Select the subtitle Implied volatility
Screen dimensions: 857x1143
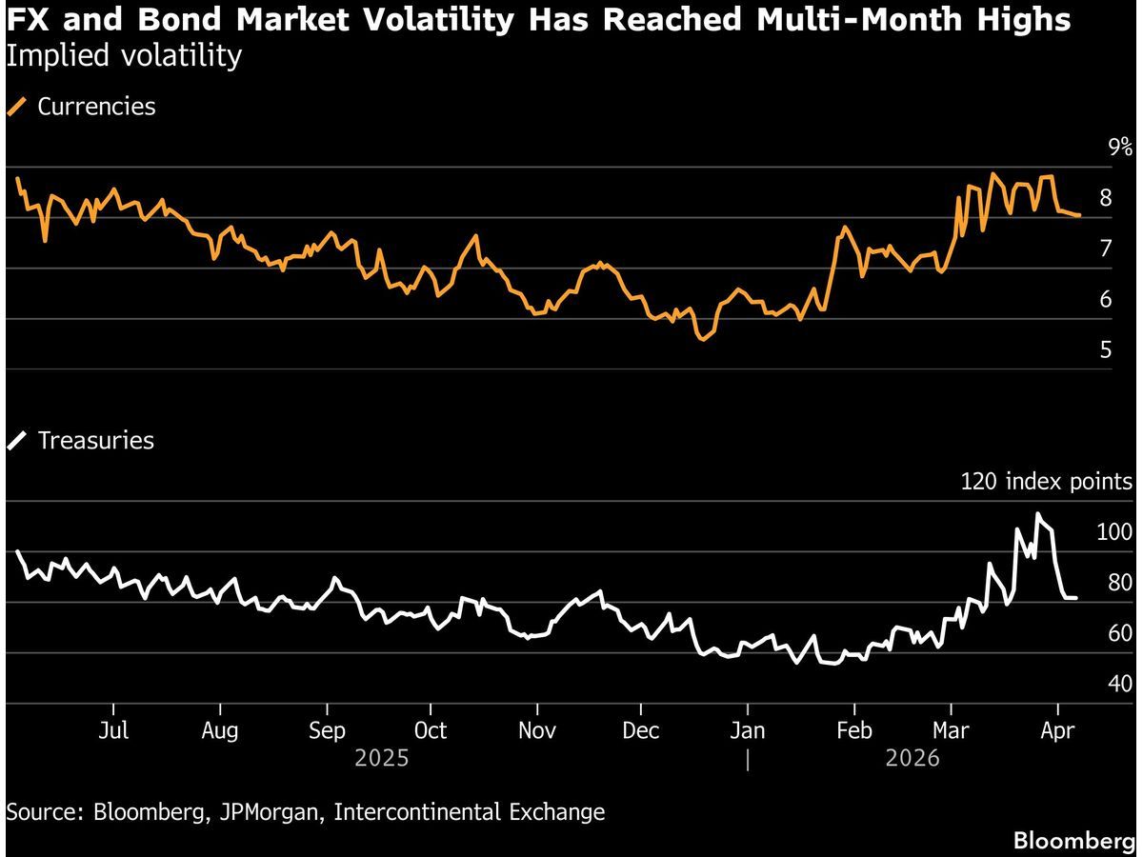pos(124,56)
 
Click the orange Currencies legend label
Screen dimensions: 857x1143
pos(95,107)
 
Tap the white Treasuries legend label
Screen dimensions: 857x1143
pos(95,441)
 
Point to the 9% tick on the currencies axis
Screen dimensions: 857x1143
pos(1119,148)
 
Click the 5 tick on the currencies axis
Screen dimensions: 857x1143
pos(1106,350)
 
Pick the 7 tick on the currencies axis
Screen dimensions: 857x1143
pos(1106,249)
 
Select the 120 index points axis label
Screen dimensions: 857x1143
pos(1045,482)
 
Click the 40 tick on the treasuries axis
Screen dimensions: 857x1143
pos(1119,685)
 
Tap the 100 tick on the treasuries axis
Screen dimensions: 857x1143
pos(1114,532)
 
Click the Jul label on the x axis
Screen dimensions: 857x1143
pos(113,730)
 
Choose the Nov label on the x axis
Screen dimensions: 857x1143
pos(537,730)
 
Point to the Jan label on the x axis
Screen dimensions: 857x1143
pos(748,730)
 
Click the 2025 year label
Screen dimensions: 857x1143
pos(381,759)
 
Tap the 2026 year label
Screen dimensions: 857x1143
pos(912,759)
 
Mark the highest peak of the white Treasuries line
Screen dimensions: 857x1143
pos(1038,515)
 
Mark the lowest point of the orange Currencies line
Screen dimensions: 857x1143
pos(702,338)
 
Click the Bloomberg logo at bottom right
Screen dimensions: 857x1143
pos(1073,841)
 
